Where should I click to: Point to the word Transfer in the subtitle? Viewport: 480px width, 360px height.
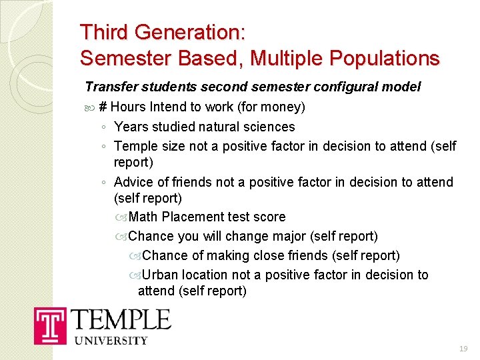(x=108, y=87)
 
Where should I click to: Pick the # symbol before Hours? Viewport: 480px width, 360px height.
(x=103, y=107)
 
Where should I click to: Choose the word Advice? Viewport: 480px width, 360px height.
(x=133, y=182)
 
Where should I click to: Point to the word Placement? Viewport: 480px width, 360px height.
(x=193, y=217)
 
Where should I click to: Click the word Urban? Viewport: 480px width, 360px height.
(x=159, y=275)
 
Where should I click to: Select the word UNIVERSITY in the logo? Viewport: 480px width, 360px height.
(x=111, y=340)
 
